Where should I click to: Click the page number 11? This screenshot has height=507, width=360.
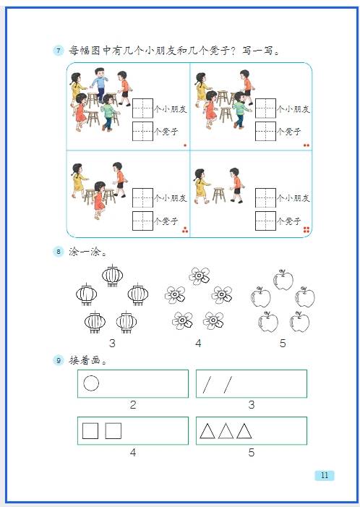tap(325, 475)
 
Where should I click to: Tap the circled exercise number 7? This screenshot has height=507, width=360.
tap(59, 51)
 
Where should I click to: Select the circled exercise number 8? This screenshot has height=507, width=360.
tap(59, 252)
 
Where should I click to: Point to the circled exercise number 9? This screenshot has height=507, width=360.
tap(59, 360)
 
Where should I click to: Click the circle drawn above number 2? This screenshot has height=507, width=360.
tap(91, 383)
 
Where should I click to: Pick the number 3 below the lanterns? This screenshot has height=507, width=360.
tap(112, 343)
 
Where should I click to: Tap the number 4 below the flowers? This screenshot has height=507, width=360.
tap(198, 343)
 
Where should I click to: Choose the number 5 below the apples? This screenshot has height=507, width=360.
tap(283, 343)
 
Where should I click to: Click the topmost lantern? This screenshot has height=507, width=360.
tap(113, 276)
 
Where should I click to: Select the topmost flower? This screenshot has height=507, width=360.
tap(199, 276)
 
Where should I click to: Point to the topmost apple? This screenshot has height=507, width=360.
tap(283, 279)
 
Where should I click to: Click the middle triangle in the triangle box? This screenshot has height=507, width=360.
tap(226, 430)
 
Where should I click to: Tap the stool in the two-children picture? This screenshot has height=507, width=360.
tap(219, 195)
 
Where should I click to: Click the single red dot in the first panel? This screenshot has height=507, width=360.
tap(185, 145)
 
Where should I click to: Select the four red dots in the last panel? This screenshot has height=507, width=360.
tap(307, 230)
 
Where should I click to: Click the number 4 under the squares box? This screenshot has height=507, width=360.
tap(133, 453)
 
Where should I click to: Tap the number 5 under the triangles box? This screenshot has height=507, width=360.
tap(252, 452)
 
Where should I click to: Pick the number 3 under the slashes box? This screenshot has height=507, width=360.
tap(252, 404)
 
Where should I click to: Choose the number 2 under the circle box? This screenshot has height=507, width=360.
tap(133, 404)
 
